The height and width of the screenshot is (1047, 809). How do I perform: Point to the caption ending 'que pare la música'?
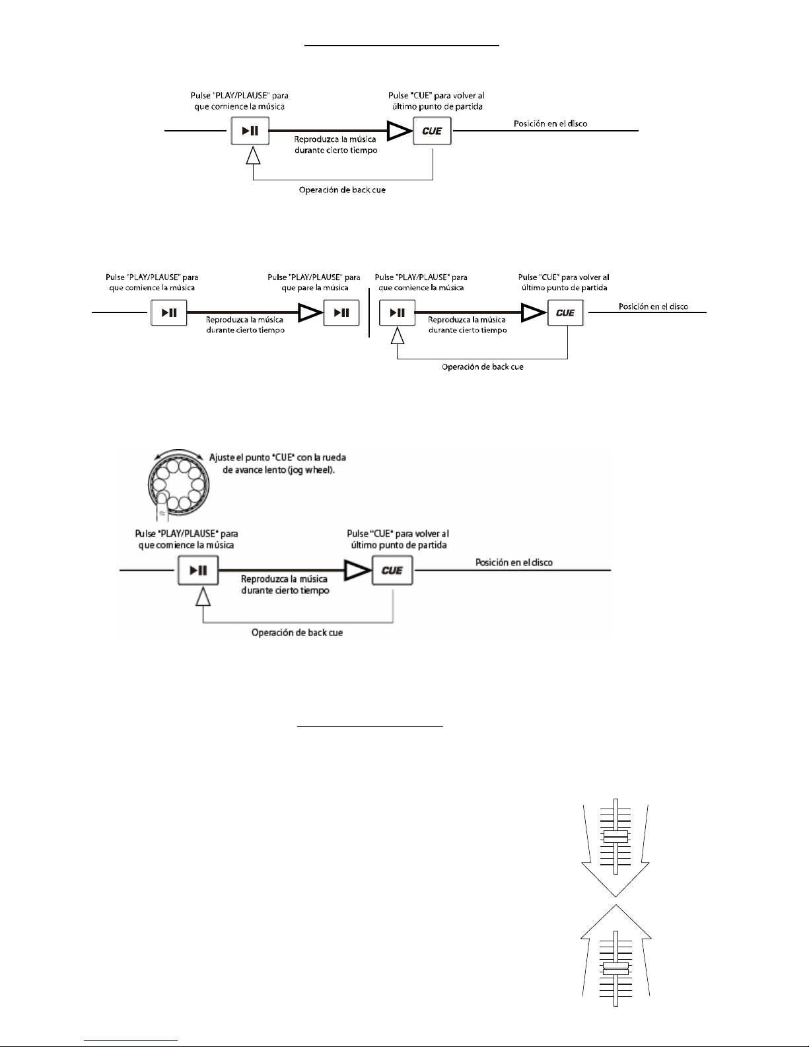click(314, 282)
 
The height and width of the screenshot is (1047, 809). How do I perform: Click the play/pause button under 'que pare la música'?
click(341, 312)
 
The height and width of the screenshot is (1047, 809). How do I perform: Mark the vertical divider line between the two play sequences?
click(369, 312)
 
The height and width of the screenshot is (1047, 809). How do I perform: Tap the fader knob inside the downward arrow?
click(615, 837)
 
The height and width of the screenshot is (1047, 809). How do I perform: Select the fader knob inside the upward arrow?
click(615, 968)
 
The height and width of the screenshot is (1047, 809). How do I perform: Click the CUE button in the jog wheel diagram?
click(392, 570)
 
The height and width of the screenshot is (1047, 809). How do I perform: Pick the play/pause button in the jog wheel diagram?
click(198, 570)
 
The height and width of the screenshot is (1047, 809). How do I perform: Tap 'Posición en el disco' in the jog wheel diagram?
click(514, 562)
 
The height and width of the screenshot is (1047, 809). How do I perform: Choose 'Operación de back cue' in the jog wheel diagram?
click(297, 632)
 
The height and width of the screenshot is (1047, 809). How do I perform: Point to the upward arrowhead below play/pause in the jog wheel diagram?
click(203, 597)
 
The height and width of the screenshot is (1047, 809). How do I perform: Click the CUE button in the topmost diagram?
click(432, 131)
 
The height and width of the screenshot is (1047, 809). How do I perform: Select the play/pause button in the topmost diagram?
click(250, 131)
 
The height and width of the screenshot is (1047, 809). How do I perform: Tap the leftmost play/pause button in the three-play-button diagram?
click(169, 312)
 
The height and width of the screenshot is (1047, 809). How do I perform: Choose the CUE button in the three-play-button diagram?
click(565, 312)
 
